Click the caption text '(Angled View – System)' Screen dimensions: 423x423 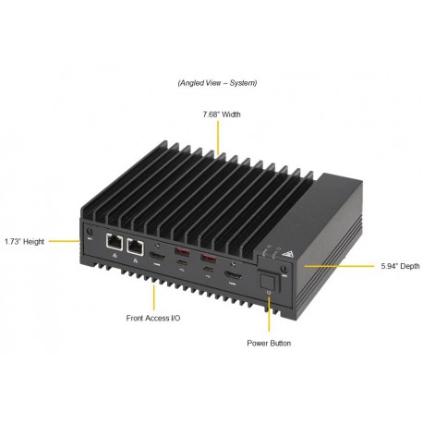click(x=218, y=83)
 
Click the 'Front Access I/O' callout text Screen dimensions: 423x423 click(x=154, y=319)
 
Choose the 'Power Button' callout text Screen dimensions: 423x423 click(x=269, y=343)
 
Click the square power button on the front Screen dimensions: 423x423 click(x=268, y=282)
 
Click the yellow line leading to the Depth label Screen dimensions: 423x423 click(x=323, y=265)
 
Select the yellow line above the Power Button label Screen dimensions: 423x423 click(x=269, y=314)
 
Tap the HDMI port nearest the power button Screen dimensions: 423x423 click(x=236, y=276)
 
